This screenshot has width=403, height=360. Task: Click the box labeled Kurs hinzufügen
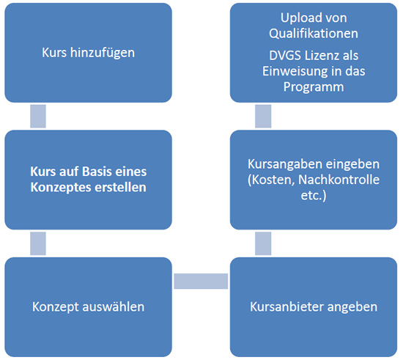[x=88, y=53]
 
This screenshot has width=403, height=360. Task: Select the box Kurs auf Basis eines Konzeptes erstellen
[x=88, y=180]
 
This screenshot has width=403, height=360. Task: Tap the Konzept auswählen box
[x=88, y=307]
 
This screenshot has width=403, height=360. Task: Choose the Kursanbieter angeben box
[x=314, y=307]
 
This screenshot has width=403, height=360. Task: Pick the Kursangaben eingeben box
[x=314, y=180]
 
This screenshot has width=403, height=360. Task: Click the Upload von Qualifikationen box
[x=314, y=53]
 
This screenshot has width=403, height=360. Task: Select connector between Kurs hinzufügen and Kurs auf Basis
[x=38, y=117]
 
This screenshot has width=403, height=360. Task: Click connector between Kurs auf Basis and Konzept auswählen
[x=38, y=243]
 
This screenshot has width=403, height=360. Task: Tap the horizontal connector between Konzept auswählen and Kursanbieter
[x=201, y=281]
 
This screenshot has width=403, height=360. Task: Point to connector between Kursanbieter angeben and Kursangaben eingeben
[x=263, y=243]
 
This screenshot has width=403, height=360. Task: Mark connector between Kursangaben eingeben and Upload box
[x=263, y=117]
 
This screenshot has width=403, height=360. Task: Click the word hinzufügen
[x=103, y=54]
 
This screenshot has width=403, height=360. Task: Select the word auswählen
[x=113, y=306]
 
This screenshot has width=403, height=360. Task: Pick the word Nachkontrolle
[x=339, y=180]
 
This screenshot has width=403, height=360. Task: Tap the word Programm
[x=314, y=87]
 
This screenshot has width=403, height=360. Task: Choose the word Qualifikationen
[x=314, y=34]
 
